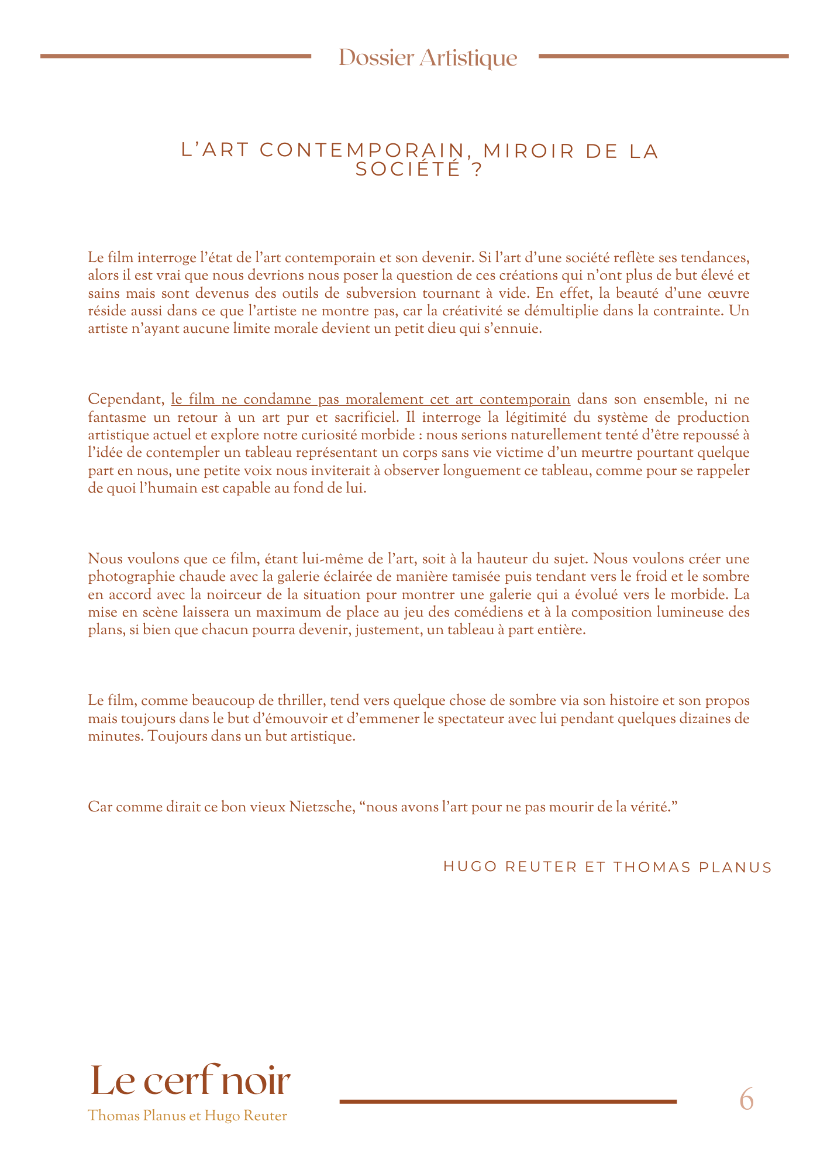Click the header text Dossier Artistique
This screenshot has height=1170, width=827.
[428, 58]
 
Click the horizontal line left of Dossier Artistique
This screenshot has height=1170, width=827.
[175, 56]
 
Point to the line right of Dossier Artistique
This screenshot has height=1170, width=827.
[663, 56]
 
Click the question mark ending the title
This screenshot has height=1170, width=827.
[475, 170]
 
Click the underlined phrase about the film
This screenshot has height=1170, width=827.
[370, 400]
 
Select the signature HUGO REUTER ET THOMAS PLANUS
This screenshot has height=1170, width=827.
[608, 867]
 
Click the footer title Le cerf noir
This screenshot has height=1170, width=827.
[190, 1081]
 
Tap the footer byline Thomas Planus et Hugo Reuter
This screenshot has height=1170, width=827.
[187, 1116]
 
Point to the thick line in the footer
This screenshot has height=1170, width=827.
[508, 1102]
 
